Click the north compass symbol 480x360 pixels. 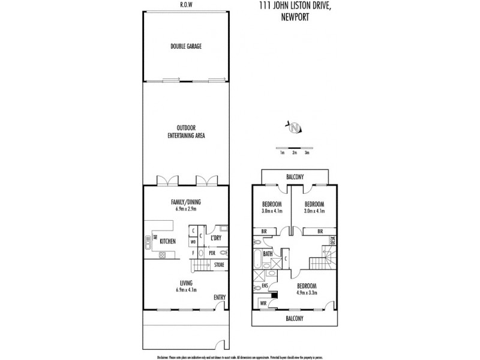294,127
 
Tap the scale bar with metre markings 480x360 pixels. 294,148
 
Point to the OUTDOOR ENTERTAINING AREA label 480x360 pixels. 187,132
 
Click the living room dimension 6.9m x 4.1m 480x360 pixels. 187,290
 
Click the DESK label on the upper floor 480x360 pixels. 332,241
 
